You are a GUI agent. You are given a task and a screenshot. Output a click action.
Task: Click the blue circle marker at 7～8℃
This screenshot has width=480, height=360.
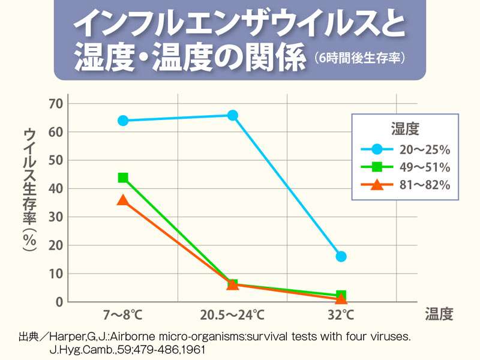[123, 120]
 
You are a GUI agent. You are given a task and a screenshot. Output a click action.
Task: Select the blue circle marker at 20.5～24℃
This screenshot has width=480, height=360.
[232, 115]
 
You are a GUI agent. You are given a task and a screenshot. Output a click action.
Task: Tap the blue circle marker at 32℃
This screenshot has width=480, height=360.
[341, 256]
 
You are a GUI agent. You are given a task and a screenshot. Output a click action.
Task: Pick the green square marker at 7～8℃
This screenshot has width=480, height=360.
[123, 178]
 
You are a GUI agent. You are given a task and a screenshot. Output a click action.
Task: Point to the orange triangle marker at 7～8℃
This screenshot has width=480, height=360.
[123, 200]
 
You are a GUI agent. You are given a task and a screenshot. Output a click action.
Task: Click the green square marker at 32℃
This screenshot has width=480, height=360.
[341, 295]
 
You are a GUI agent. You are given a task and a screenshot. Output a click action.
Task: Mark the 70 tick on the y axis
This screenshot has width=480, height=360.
[55, 104]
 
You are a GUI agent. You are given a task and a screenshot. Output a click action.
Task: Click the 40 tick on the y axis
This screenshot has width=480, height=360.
[55, 188]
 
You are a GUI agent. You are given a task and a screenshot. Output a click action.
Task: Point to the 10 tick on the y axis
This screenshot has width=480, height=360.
[55, 274]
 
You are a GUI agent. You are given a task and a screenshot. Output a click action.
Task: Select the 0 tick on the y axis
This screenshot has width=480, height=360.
[59, 301]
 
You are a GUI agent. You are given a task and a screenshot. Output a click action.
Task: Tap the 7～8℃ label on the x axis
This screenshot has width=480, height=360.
[123, 314]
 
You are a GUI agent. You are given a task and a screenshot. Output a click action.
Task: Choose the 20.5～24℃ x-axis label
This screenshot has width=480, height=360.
[232, 314]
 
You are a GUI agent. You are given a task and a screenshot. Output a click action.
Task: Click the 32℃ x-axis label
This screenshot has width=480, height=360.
[341, 314]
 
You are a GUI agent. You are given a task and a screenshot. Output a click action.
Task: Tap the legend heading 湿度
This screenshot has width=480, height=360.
[405, 128]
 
